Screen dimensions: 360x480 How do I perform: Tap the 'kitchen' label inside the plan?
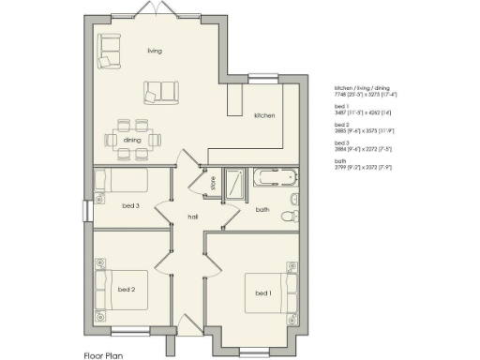[x=264, y=115]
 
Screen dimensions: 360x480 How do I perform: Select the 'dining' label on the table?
[x=133, y=141]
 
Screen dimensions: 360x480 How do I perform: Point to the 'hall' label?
[x=192, y=217]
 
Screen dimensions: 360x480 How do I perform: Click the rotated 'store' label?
[x=213, y=184]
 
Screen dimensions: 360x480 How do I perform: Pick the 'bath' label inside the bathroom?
[x=262, y=210]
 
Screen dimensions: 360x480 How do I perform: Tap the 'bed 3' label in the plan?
[x=131, y=205]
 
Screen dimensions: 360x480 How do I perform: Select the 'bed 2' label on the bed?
[x=127, y=290]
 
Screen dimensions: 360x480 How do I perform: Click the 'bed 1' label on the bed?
[x=263, y=293]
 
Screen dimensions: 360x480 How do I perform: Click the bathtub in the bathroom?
[x=274, y=176]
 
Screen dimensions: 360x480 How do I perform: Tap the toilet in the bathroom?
[x=294, y=200]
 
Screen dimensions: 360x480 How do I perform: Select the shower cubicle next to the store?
[x=236, y=182]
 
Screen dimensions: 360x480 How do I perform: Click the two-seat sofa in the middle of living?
[x=160, y=92]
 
